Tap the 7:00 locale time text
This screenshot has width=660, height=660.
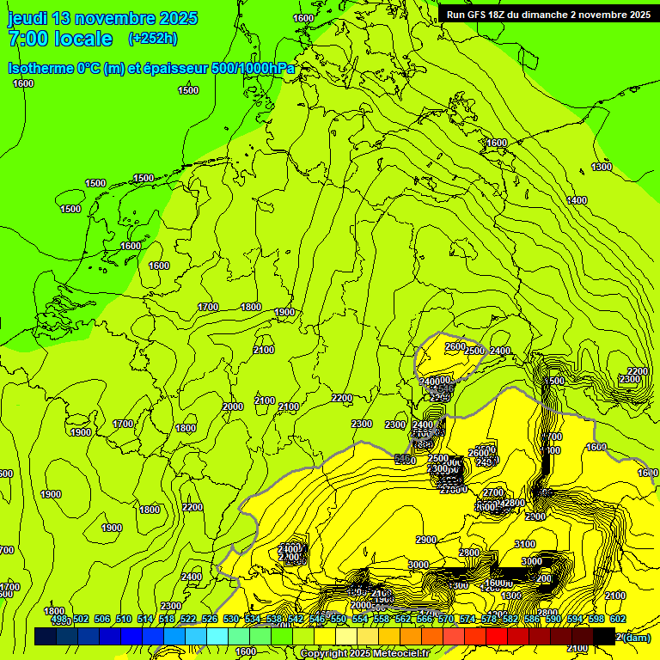(x=60, y=39)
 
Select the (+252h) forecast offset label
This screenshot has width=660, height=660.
(x=152, y=38)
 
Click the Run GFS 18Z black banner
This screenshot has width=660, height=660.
(x=548, y=14)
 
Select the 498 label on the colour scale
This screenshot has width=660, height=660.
(x=59, y=619)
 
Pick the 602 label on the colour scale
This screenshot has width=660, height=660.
(x=617, y=619)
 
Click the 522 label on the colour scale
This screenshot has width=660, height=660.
(x=188, y=619)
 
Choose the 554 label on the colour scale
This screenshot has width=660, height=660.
(x=360, y=619)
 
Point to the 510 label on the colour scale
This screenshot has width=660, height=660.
(x=124, y=619)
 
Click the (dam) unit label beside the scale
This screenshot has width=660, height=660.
(x=636, y=637)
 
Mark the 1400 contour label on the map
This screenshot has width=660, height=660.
(x=577, y=200)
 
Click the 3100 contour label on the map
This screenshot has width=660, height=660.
(x=524, y=544)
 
